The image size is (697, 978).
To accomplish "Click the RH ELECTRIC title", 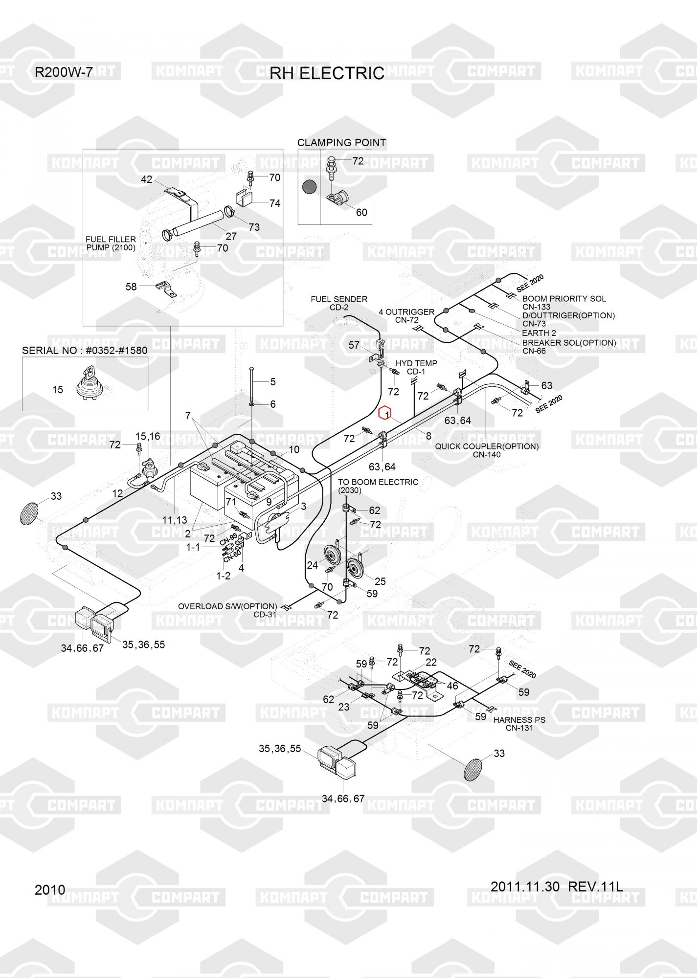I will pos(327,73).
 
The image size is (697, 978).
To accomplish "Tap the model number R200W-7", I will pos(64,72).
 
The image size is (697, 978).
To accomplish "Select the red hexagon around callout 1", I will pos(385,413).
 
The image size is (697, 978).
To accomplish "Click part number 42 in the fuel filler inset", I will pos(147,179).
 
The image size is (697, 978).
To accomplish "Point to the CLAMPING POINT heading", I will pos(341,143).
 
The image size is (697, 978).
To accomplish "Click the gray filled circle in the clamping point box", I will pos(309,186).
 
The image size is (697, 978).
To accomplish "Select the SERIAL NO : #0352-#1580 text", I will pos(85,351).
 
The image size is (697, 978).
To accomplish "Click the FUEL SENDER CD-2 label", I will pos(339,303).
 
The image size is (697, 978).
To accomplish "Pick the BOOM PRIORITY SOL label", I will pos(564,299).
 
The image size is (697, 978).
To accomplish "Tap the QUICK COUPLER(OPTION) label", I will pos(487,446).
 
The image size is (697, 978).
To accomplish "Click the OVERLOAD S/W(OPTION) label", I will pos(227,606).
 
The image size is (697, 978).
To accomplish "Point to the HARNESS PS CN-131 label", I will pos(519,724).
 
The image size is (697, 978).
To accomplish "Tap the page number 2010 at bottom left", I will pos(50,889).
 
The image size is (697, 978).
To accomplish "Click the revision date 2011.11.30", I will pos(525,886).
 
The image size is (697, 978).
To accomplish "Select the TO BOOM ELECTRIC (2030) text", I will pos(378,486).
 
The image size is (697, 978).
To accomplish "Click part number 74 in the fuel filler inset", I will pos(275,203).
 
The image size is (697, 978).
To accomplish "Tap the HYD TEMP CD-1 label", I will pos(416,367).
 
